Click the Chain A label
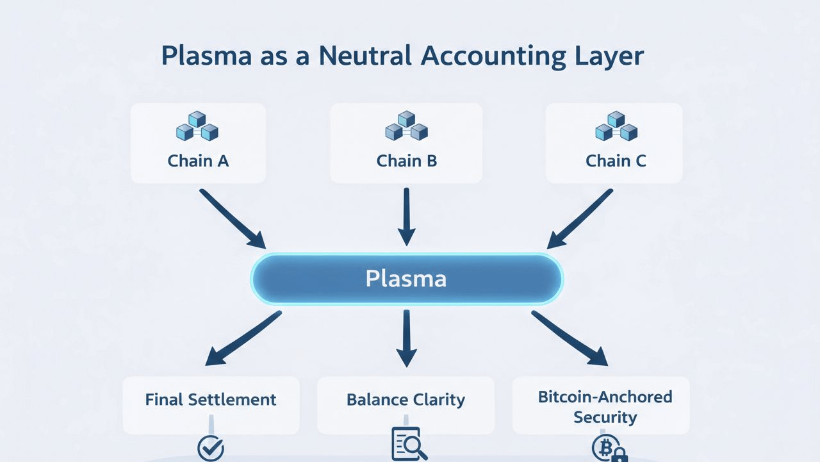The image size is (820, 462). pos(198,160)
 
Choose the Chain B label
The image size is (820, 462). pos(406,160)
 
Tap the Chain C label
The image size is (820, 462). pos(616,160)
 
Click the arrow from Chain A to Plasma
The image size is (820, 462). pos(232,219)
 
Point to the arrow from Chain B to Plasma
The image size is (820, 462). pos(406,217)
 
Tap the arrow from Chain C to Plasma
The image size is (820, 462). pos(580,219)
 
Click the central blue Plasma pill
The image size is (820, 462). pos(406,279)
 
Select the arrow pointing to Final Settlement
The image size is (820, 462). pos(243,338)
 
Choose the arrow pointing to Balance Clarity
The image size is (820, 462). pos(406,338)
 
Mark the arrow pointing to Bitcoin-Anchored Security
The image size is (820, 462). pos(569,338)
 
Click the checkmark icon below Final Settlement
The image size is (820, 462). pos(210,448)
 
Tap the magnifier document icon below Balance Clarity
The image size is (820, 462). pos(408,444)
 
